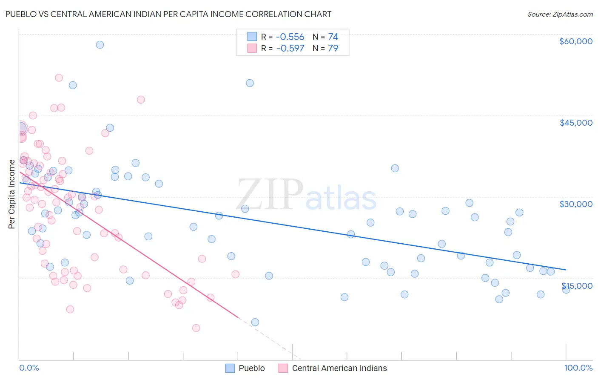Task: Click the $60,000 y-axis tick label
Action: pyautogui.click(x=575, y=41)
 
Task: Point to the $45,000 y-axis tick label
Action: pyautogui.click(x=575, y=123)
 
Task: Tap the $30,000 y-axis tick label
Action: pyautogui.click(x=575, y=204)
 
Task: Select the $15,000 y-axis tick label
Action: pyautogui.click(x=577, y=286)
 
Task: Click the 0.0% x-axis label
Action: pyautogui.click(x=29, y=368)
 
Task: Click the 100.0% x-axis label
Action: pyautogui.click(x=578, y=368)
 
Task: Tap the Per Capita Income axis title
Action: pyautogui.click(x=12, y=194)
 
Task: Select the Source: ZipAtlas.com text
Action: pyautogui.click(x=560, y=14)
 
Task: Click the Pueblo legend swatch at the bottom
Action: pyautogui.click(x=230, y=368)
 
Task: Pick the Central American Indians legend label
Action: pyautogui.click(x=339, y=368)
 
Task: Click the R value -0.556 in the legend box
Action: pyautogui.click(x=290, y=37)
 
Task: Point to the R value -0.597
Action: pyautogui.click(x=290, y=49)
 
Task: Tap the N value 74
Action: pyautogui.click(x=333, y=37)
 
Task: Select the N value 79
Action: pyautogui.click(x=333, y=49)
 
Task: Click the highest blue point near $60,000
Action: pyautogui.click(x=100, y=45)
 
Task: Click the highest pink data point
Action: pyautogui.click(x=59, y=78)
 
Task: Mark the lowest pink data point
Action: pyautogui.click(x=196, y=328)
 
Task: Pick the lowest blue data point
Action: pyautogui.click(x=255, y=322)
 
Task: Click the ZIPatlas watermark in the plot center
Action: pyautogui.click(x=306, y=196)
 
